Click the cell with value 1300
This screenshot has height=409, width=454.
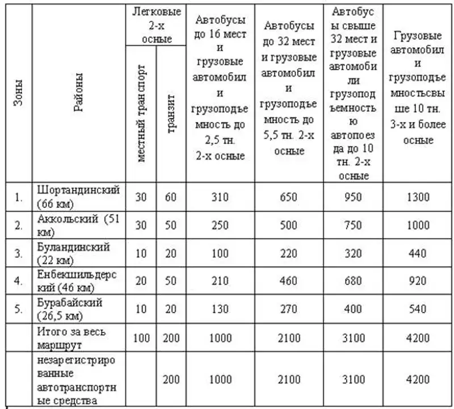418,198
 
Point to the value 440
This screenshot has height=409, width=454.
418,253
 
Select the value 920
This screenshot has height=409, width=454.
418,281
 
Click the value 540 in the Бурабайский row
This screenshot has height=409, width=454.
418,309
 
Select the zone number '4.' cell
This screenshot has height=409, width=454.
18,281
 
